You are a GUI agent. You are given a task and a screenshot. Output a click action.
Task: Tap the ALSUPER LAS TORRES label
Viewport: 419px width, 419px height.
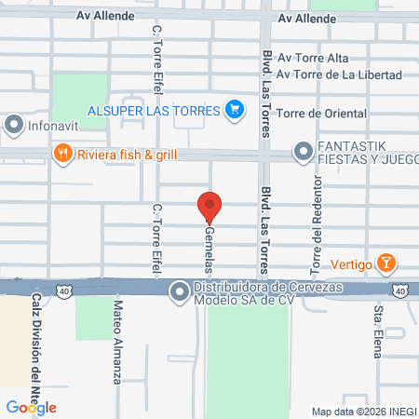155,110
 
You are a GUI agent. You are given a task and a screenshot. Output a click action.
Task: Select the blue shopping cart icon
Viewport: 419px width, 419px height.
236,110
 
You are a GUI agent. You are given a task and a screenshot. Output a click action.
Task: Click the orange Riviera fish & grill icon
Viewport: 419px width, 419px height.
62,154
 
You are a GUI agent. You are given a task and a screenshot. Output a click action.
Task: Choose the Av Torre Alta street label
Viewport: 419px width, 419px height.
312,59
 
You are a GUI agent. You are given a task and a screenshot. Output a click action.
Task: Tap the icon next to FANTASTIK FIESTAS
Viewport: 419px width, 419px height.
303,151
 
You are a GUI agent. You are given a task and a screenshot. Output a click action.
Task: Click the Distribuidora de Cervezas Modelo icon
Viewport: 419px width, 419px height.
179,292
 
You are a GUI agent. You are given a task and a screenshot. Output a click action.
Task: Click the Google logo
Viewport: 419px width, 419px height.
32,407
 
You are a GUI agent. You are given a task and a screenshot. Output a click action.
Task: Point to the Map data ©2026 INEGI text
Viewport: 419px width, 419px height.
363,412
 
